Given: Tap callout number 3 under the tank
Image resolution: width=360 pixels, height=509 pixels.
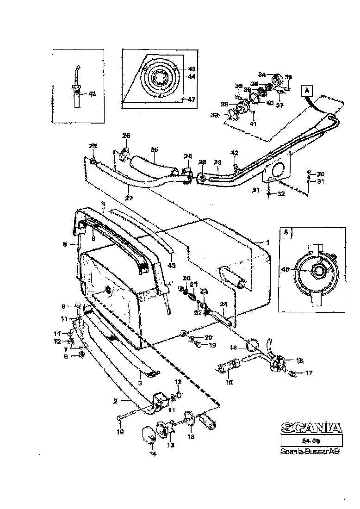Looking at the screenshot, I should click(140, 383).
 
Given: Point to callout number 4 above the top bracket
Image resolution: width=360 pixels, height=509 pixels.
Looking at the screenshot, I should click(104, 204).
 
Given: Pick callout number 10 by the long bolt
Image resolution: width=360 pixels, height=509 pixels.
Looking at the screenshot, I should click(120, 432).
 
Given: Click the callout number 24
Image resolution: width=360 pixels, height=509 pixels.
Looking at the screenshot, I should click(223, 304).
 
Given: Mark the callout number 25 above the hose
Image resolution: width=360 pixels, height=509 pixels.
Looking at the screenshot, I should click(154, 150).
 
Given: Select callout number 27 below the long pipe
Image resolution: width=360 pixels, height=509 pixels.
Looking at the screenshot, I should click(128, 198).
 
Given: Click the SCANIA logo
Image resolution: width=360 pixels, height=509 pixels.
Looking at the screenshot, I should click(311, 428).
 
